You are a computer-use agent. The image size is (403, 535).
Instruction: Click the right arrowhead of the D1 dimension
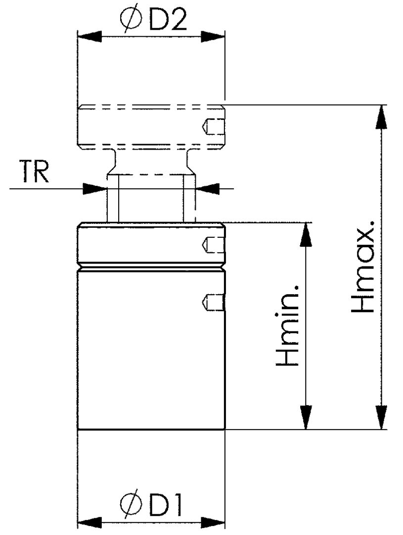213,522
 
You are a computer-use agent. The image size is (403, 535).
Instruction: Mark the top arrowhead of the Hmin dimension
307,235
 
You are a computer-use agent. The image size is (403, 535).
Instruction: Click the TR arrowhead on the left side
95,188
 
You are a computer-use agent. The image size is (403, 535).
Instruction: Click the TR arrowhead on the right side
208,188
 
